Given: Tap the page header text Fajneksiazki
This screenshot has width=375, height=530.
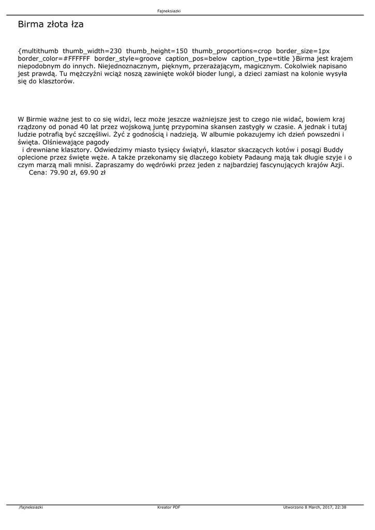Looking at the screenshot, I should [x=169, y=11].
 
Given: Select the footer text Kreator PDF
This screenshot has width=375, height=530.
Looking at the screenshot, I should [x=169, y=507].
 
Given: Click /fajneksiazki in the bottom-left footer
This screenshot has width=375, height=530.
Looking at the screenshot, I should [x=31, y=507].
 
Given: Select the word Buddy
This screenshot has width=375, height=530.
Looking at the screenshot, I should [x=333, y=150].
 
